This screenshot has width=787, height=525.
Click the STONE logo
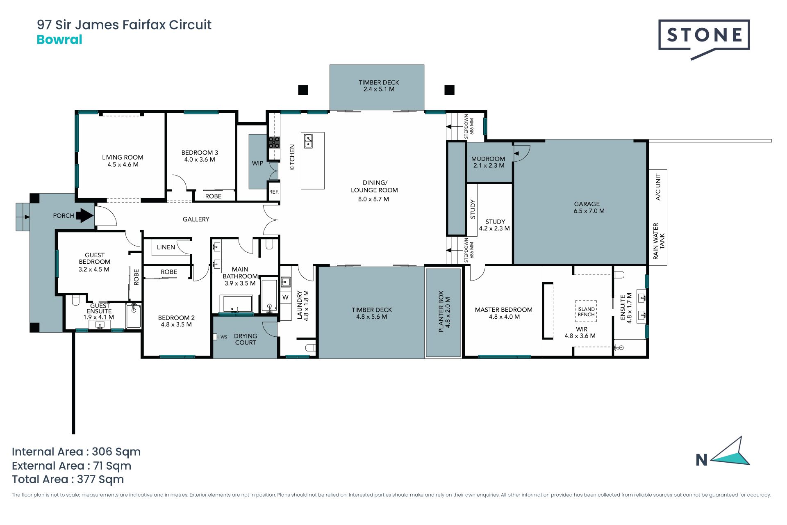704,39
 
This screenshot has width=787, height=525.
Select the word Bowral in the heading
59,40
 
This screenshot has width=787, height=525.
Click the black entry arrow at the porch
85,215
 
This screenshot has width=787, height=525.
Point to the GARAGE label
587,204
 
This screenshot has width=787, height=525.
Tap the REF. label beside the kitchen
274,192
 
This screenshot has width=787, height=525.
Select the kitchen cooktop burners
274,142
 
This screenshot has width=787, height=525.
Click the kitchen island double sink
308,141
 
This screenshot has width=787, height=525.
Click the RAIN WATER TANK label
659,241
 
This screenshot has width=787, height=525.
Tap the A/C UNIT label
658,187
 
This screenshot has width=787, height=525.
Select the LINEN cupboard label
166,247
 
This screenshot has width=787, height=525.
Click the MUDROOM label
488,159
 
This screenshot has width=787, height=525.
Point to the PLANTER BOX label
441,311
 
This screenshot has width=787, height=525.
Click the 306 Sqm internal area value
116,452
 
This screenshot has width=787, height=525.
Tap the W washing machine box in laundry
285,297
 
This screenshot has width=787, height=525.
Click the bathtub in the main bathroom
237,304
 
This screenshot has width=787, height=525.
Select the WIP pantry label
257,163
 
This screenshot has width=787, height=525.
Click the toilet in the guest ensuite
75,301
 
